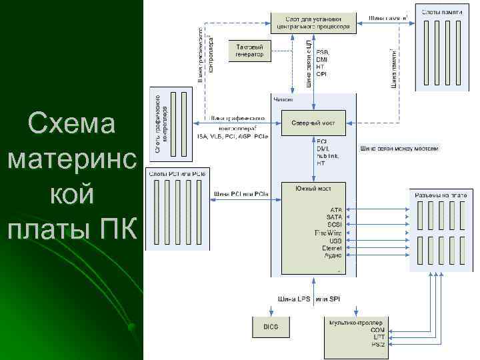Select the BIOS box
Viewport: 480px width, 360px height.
click(x=270, y=327)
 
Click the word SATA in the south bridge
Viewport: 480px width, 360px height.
click(x=334, y=217)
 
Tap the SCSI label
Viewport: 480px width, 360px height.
click(x=334, y=225)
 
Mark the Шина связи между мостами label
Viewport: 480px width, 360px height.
click(x=399, y=149)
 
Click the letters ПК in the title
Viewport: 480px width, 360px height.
click(x=120, y=230)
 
